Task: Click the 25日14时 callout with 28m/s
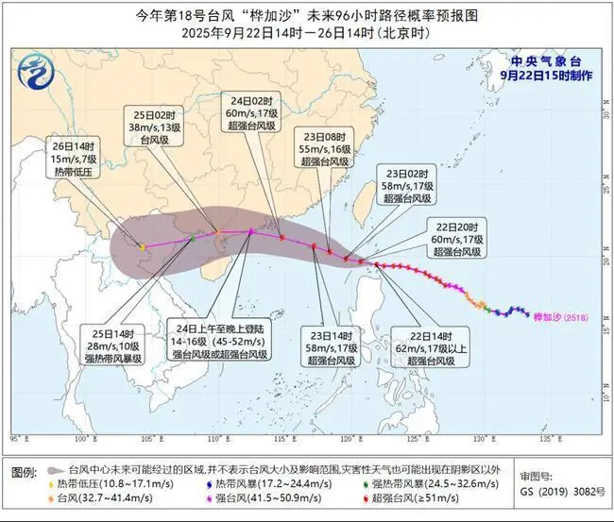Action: (111, 346)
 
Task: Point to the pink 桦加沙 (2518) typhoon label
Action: (559, 317)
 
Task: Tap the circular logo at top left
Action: (34, 69)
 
